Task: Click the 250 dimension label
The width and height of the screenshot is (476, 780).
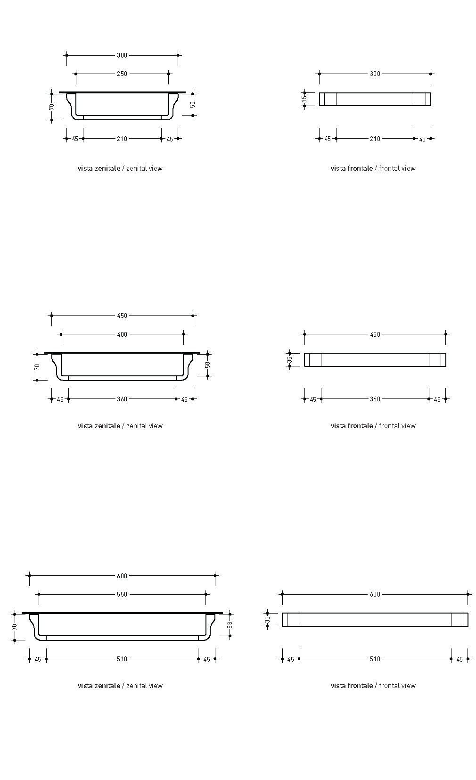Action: tap(122, 74)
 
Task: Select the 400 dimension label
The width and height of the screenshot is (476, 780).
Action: tap(122, 334)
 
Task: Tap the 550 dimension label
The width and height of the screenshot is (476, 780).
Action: tap(122, 594)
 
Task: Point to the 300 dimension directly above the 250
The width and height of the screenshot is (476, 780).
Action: tap(122, 55)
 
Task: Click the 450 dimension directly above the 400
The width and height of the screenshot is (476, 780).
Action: tap(122, 316)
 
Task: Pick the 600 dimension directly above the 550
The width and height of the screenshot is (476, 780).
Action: tap(122, 576)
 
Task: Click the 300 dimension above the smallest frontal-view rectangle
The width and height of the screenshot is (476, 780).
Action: tap(375, 74)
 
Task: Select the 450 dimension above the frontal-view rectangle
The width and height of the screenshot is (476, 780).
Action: tap(375, 334)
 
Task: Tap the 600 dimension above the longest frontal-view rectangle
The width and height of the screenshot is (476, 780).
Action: tap(375, 594)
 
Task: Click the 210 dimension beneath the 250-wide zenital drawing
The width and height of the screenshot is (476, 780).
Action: tap(122, 139)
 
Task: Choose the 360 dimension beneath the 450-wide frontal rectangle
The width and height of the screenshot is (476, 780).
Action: tap(375, 399)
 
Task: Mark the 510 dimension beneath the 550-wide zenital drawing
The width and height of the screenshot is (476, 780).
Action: tap(122, 659)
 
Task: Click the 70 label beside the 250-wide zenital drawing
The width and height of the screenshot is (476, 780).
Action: tap(52, 107)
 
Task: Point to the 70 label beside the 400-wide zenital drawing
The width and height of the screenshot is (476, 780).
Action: tap(37, 367)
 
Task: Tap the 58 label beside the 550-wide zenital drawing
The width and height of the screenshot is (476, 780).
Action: tap(230, 625)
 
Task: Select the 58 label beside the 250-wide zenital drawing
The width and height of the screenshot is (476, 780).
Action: tap(193, 105)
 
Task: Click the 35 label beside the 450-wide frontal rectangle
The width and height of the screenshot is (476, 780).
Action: tap(290, 360)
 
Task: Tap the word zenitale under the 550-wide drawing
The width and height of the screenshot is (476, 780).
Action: tap(107, 686)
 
